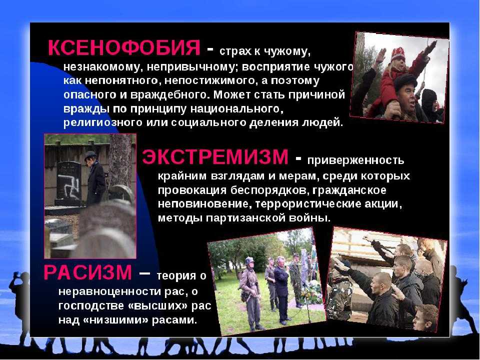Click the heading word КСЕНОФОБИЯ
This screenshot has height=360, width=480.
click(x=124, y=47)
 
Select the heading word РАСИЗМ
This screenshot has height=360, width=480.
click(x=88, y=272)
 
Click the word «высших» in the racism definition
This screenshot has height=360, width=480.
click(x=156, y=306)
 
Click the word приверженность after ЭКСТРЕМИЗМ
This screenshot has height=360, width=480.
click(x=355, y=160)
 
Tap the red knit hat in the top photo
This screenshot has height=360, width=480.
click(x=398, y=54)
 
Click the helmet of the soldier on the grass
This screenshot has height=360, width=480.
click(x=249, y=260)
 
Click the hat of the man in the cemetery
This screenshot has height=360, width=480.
click(x=90, y=154)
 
